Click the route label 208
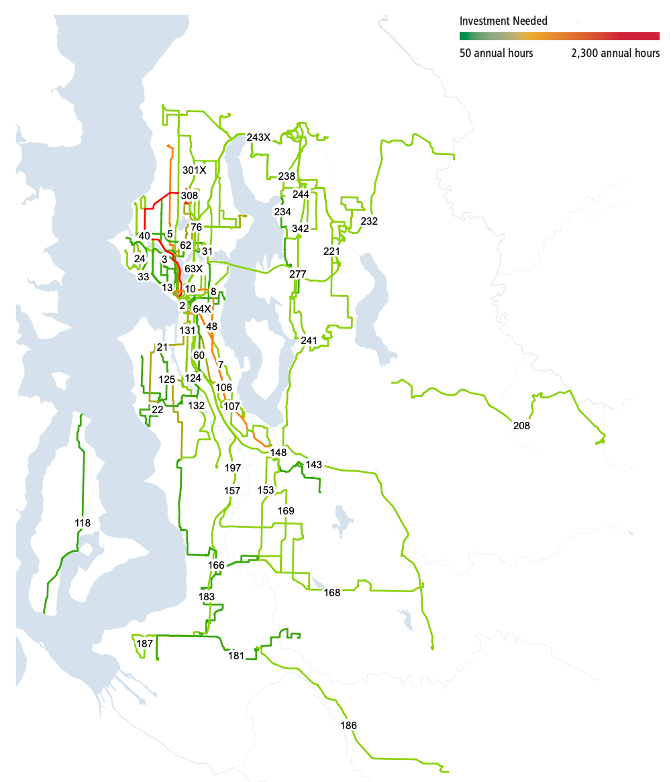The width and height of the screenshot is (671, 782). coord(521,425)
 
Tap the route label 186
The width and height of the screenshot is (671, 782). coord(349,726)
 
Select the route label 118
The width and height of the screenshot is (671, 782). coord(83,522)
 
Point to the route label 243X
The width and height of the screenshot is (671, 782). coord(258,137)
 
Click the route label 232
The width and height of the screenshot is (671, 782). coord(369,221)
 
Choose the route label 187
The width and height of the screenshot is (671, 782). coord(145,643)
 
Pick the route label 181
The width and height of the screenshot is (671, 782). coord(236,656)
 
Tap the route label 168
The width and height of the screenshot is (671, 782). coord(332,592)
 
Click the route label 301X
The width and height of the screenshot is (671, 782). coord(195,170)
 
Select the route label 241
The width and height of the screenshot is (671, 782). coord(309,341)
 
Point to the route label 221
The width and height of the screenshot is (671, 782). coord(331,251)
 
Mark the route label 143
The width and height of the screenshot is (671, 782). coord(314,464)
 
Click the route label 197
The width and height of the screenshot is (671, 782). coord(234,467)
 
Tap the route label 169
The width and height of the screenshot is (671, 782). coord(286,511)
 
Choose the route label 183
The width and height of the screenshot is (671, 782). coord(207,596)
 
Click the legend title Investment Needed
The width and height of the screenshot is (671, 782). coord(503,21)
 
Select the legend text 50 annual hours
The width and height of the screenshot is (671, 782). coord(497,53)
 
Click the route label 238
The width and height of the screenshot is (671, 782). coord(287,176)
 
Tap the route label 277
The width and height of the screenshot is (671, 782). coord(298,274)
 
